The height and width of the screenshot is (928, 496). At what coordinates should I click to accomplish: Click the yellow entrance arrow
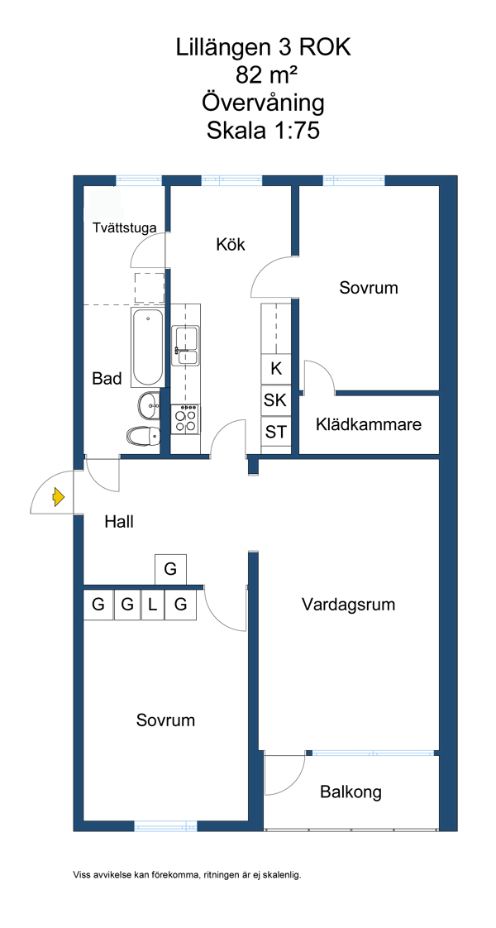58,497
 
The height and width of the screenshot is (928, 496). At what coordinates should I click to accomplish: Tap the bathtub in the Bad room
148,347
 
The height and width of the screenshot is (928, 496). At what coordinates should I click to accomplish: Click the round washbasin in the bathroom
150,404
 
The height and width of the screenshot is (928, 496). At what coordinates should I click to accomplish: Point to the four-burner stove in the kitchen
185,419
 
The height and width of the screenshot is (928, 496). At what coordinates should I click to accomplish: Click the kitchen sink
185,345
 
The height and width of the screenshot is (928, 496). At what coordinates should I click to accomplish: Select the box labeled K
276,369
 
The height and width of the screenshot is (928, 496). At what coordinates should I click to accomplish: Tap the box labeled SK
275,400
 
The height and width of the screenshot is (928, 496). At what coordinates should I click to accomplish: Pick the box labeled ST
275,431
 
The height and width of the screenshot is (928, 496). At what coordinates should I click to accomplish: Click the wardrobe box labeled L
153,605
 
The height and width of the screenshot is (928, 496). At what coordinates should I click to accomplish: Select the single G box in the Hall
170,569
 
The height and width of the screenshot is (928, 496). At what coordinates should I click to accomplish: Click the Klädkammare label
368,425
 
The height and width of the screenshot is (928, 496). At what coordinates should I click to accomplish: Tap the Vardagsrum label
348,605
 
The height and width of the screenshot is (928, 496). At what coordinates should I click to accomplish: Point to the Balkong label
351,792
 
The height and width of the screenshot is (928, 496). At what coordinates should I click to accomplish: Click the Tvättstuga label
124,228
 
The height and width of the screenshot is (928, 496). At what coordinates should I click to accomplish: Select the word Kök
231,245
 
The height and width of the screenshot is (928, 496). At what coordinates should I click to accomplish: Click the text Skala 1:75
263,131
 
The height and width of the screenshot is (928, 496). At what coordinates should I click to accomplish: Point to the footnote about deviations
187,874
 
